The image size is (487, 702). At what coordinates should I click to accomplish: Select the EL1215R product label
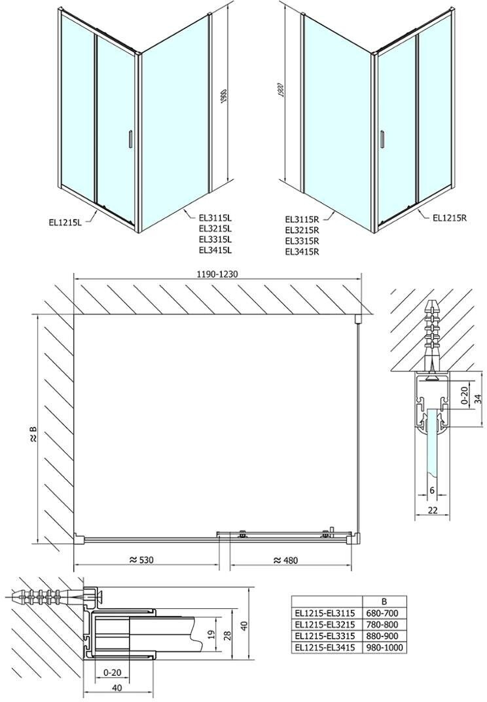click(x=450, y=218)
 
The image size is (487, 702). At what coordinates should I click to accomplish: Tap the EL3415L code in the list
click(x=215, y=249)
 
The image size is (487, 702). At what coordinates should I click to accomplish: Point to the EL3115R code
click(x=302, y=219)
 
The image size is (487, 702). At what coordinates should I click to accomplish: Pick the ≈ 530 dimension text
click(x=141, y=560)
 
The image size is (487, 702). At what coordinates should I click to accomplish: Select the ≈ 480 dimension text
click(x=285, y=560)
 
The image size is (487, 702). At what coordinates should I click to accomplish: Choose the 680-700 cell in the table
click(x=382, y=614)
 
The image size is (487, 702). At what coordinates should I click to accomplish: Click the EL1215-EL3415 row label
click(x=325, y=648)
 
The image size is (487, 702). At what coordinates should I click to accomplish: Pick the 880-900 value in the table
click(x=382, y=637)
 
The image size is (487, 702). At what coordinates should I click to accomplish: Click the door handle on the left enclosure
click(x=130, y=138)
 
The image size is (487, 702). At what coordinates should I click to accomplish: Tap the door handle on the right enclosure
click(x=382, y=138)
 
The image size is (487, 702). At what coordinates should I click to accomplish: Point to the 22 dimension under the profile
click(x=433, y=509)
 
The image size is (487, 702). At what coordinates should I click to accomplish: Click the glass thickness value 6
click(x=432, y=490)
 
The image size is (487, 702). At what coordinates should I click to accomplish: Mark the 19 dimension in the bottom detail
click(x=212, y=634)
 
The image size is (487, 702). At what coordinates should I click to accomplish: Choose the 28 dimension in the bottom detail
click(x=227, y=634)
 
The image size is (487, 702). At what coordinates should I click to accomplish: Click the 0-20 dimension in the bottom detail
click(x=112, y=673)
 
